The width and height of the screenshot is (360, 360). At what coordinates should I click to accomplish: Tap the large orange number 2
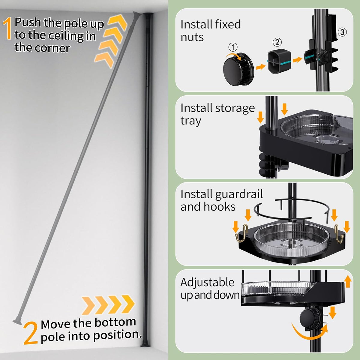click(31, 333)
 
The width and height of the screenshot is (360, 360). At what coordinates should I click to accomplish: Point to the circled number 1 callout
click(233, 47)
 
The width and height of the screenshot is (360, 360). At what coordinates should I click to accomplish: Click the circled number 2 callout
click(277, 42)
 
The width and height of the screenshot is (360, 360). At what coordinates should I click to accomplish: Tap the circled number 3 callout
click(342, 32)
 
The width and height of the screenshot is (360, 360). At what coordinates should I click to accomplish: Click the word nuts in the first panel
click(192, 37)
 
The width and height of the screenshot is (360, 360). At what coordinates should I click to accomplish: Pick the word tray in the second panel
click(190, 121)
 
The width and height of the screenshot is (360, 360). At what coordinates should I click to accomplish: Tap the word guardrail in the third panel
click(237, 194)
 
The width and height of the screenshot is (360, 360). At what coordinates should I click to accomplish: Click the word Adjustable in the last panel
click(207, 283)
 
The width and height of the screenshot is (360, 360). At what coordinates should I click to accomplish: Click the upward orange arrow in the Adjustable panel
click(348, 282)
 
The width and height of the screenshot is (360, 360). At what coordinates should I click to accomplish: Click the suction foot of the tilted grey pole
click(17, 321)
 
